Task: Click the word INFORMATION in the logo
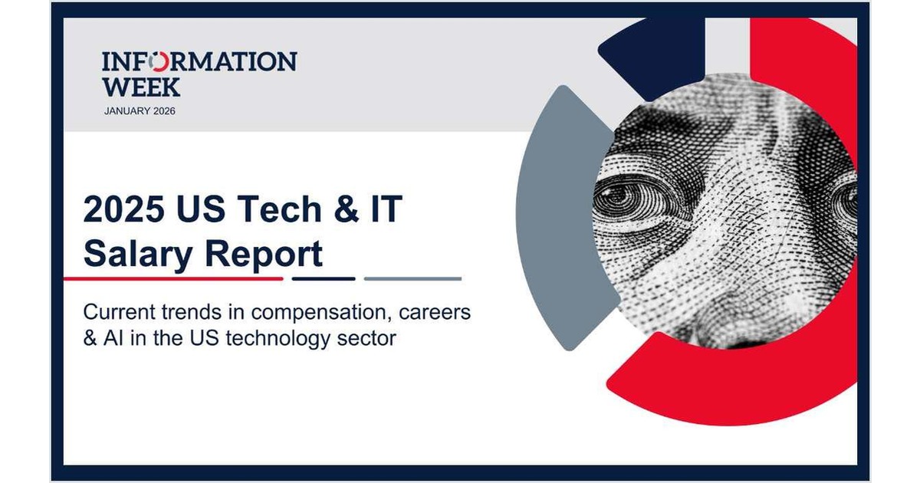point(199,61)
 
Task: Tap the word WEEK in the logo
point(141,86)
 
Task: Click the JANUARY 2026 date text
point(140,111)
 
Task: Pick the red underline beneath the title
point(173,278)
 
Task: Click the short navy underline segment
point(324,278)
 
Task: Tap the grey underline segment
point(412,278)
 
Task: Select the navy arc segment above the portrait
point(655,50)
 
